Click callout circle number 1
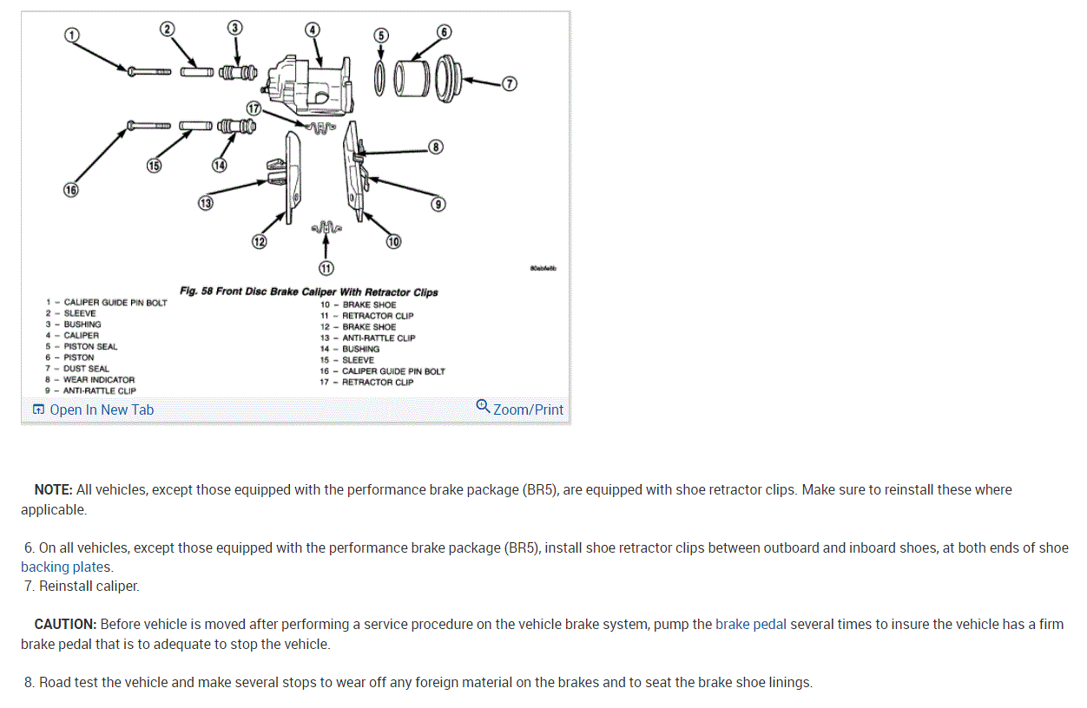(72, 35)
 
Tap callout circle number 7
(510, 83)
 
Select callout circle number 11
(326, 268)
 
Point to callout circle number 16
(70, 190)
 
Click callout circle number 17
(254, 109)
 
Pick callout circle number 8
(436, 147)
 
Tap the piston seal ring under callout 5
(380, 79)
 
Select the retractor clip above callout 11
(326, 228)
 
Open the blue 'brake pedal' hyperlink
(751, 624)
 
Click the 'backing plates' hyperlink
(66, 567)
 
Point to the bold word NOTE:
(53, 489)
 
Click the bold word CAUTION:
(65, 624)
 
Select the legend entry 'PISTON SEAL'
(89, 346)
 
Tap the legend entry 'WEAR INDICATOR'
(98, 379)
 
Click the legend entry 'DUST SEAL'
(86, 368)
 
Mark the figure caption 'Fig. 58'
(195, 292)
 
